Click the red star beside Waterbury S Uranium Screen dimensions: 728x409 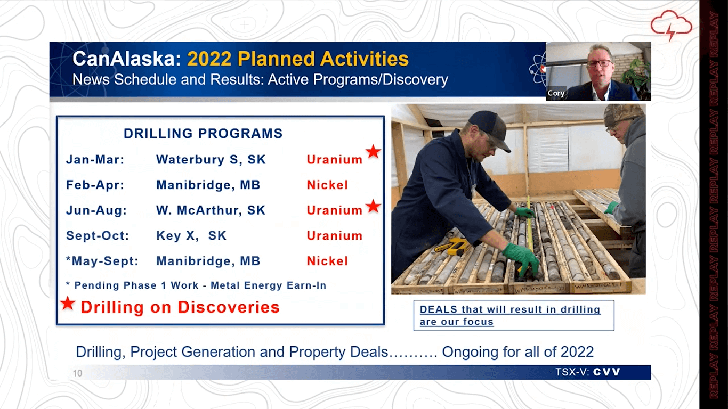[x=373, y=152]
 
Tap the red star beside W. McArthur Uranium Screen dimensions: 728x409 [x=373, y=206]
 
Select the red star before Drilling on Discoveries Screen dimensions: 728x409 [x=68, y=303]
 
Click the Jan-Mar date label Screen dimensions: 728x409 [x=95, y=160]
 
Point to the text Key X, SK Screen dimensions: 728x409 [x=191, y=235]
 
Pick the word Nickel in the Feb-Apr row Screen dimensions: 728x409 [x=327, y=185]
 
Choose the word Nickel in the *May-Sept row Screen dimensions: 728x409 [x=327, y=261]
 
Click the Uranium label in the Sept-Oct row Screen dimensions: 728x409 [x=335, y=235]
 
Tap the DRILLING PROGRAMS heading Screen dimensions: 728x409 [x=203, y=134]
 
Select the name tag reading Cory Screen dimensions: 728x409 [x=556, y=93]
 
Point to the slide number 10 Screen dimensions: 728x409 [x=77, y=373]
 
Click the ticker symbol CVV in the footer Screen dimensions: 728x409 [x=606, y=372]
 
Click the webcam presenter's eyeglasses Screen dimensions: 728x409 [x=600, y=63]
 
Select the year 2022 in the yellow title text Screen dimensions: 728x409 [x=209, y=59]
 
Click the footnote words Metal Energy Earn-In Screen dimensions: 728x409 [x=269, y=285]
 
